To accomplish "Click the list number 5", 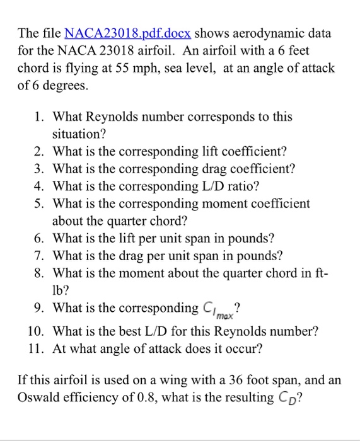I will coord(39,204).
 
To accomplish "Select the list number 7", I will coord(39,256).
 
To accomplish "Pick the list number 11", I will coord(37,347).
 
